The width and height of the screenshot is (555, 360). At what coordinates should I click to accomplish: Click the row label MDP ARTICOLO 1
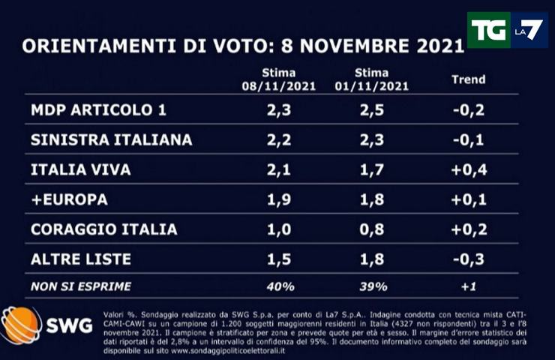point(97,111)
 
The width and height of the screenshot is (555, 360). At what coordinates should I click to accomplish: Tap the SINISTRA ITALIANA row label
point(112,140)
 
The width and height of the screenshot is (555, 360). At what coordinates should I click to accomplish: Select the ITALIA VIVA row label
point(81,170)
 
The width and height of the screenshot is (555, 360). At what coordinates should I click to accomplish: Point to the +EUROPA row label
point(70,200)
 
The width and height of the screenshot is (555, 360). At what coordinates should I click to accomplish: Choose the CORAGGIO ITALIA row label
point(104,229)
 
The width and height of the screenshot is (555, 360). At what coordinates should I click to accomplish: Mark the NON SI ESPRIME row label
point(80,286)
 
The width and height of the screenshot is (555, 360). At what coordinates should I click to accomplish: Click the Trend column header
point(469,79)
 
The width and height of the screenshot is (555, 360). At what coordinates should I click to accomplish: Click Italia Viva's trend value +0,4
point(469,170)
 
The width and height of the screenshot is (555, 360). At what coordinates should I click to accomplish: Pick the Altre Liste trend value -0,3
point(469,259)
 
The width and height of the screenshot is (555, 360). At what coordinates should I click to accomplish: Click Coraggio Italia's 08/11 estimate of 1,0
point(278,229)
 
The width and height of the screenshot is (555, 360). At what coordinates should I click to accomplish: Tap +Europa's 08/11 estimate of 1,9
point(278,200)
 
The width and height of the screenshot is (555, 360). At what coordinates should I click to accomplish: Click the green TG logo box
point(489,30)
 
